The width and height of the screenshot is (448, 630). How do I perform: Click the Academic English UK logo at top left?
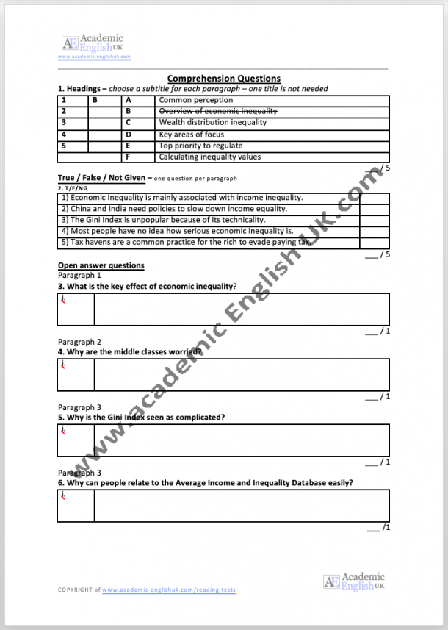93,43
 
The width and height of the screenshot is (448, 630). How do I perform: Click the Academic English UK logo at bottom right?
354,581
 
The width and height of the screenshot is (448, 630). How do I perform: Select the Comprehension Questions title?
223,79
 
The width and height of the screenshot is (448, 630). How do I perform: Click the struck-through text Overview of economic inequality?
218,111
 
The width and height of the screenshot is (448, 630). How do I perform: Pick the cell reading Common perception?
196,100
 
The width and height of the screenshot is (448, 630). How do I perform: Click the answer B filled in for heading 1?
95,100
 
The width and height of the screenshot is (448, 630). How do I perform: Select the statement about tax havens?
187,242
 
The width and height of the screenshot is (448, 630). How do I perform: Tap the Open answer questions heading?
101,265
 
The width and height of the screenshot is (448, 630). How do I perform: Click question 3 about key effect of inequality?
147,286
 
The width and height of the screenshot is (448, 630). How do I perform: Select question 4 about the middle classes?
130,351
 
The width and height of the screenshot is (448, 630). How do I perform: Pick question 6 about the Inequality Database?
205,483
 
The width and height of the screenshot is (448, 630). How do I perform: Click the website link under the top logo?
94,57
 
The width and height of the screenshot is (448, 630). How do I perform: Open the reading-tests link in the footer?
169,590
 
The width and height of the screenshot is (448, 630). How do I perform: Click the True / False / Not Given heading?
101,178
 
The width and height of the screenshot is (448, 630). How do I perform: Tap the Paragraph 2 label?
79,342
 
